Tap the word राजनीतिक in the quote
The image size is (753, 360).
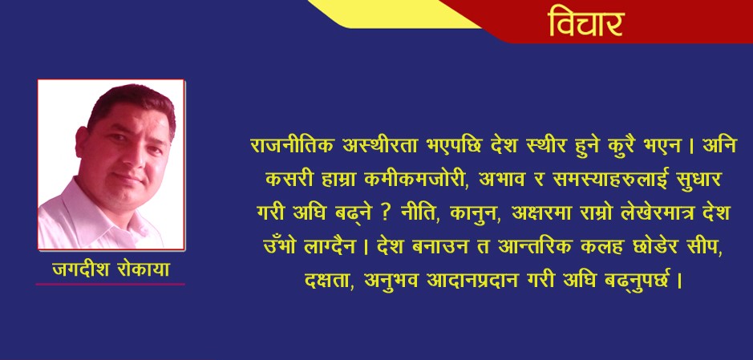coord(289,148)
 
